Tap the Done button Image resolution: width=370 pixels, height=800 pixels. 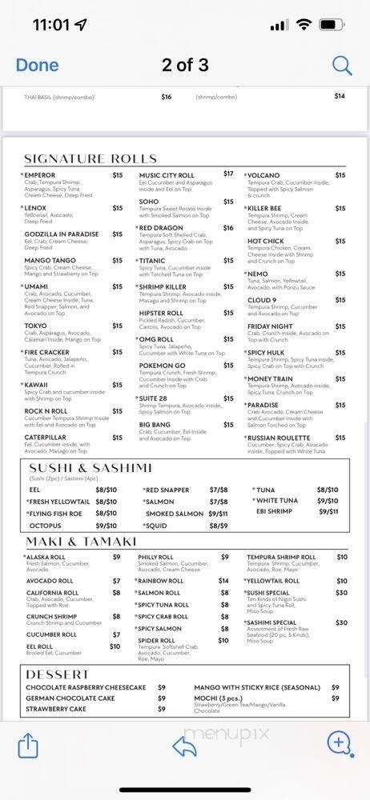pos(37,65)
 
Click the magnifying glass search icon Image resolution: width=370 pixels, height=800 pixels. pos(342,65)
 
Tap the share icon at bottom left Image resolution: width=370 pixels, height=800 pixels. pos(28,746)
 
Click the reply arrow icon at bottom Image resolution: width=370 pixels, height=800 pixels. pos(185,746)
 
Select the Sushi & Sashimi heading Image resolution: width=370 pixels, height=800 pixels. pos(90,467)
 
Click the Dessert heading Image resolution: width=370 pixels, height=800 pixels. pos(58,674)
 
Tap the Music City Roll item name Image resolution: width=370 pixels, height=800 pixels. pos(167,175)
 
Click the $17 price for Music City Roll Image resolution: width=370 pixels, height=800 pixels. pos(228,174)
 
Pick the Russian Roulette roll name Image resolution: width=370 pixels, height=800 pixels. pos(278,438)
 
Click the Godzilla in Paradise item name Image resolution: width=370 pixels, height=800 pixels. pos(62,234)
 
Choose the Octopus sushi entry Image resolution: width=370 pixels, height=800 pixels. pos(45,526)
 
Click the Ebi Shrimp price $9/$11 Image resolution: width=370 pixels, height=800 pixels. pos(328,511)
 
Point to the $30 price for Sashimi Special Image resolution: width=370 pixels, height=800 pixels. pos(341,622)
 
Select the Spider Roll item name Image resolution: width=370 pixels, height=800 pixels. pos(156,640)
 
